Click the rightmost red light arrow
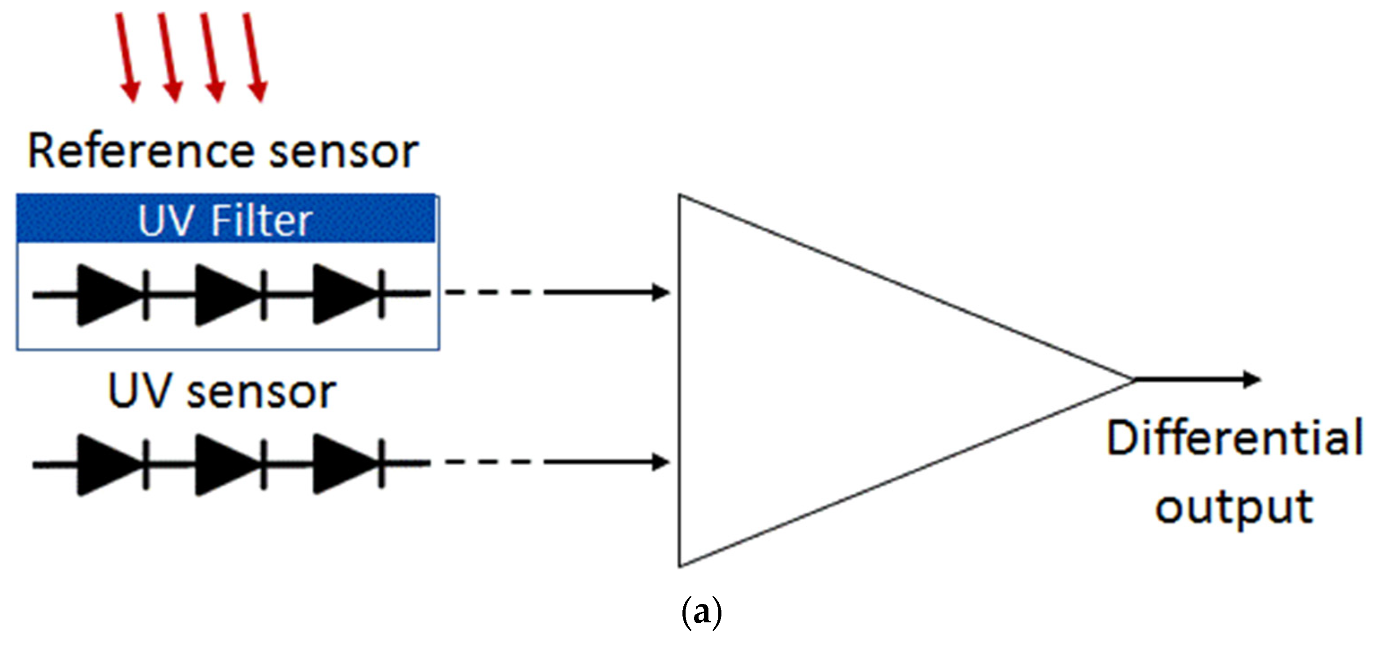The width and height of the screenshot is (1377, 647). [255, 56]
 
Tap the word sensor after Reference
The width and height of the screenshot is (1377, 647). [344, 152]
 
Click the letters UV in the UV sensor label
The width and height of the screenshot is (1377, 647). [138, 392]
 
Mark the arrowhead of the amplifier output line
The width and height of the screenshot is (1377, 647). [1252, 379]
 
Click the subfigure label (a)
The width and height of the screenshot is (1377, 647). [701, 614]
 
